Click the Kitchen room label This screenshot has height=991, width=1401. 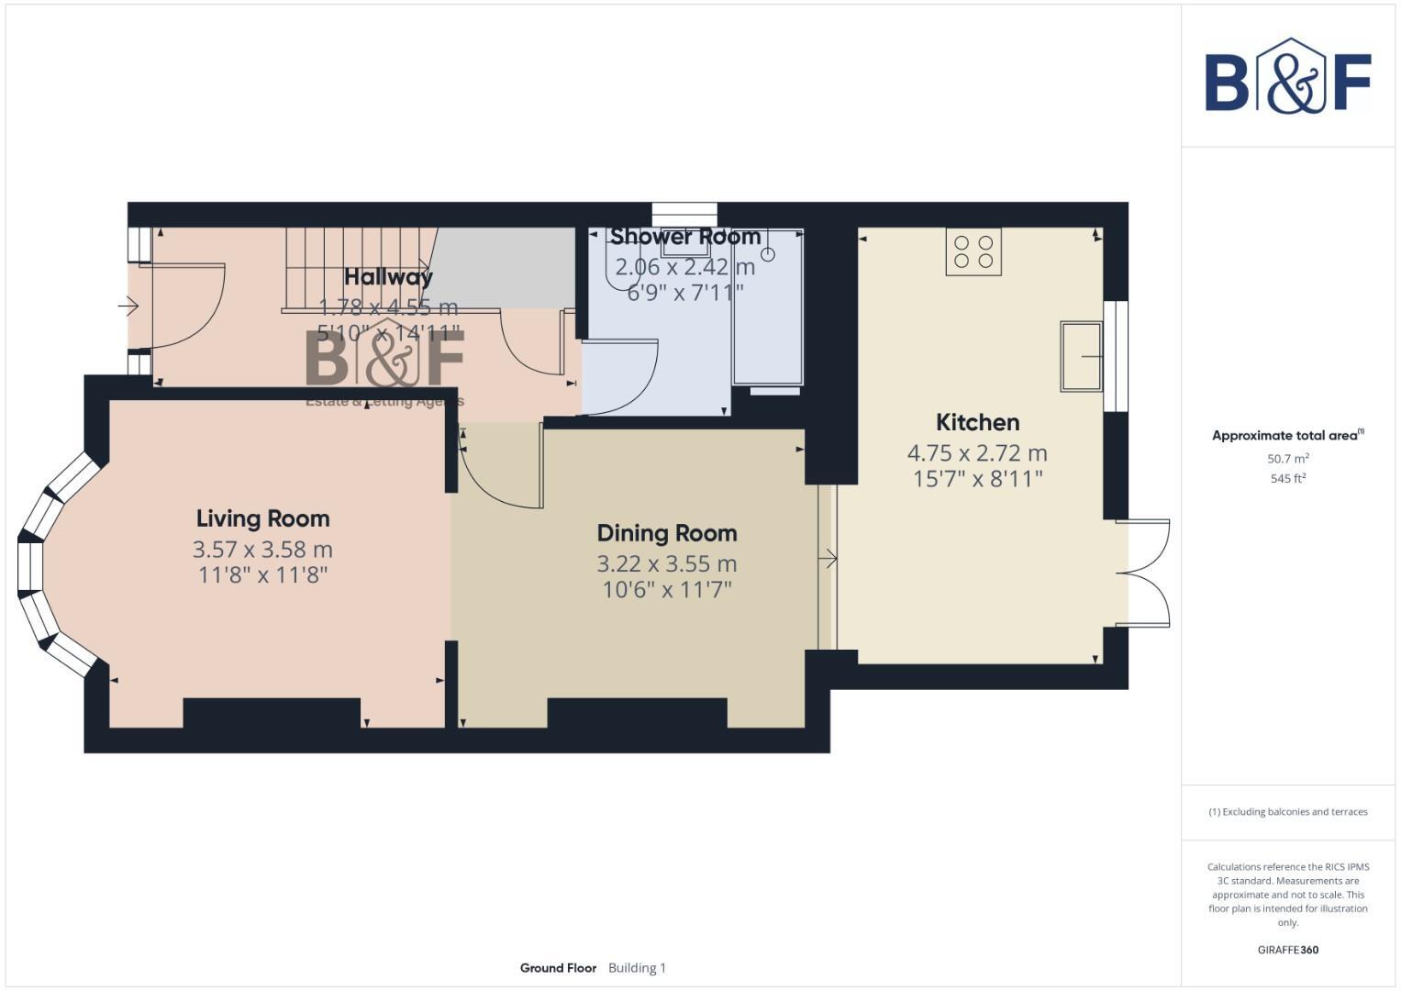[x=977, y=422]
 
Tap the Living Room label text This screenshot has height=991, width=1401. [x=262, y=518]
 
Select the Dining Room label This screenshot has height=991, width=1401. [x=667, y=533]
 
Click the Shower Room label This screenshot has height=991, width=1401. [x=685, y=237]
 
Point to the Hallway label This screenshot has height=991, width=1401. [x=388, y=276]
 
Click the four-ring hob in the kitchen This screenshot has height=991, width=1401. [x=973, y=251]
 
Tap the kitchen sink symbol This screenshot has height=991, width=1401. [x=1081, y=356]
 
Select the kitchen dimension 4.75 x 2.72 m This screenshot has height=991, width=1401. [x=977, y=452]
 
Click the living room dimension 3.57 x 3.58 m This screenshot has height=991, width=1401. [x=262, y=550]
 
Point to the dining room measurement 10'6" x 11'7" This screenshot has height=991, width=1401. [x=667, y=589]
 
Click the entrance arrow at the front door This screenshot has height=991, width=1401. [x=128, y=306]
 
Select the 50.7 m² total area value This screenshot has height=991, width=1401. [x=1288, y=458]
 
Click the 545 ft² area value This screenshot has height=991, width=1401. [x=1288, y=478]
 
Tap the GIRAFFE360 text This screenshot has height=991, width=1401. [x=1288, y=950]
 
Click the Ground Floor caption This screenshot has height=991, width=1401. [x=558, y=968]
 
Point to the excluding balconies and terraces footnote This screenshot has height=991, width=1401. [x=1288, y=812]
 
